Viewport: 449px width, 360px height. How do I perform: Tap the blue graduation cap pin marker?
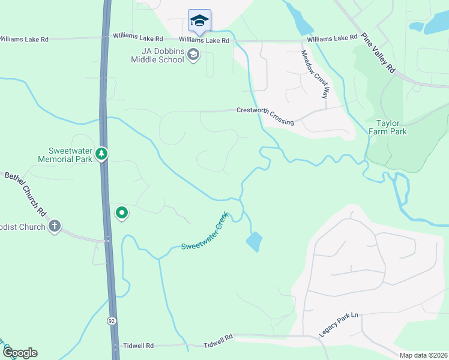pyautogui.click(x=199, y=21)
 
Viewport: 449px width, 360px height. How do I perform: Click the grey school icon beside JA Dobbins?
pyautogui.click(x=193, y=56)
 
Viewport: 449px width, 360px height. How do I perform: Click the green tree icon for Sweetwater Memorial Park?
pyautogui.click(x=101, y=154)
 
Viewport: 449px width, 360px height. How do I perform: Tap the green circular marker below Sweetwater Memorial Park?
pyautogui.click(x=122, y=212)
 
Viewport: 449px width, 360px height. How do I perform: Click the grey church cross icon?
pyautogui.click(x=55, y=226)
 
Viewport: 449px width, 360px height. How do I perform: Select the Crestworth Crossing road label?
pyautogui.click(x=265, y=116)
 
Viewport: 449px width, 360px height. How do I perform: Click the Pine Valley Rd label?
pyautogui.click(x=379, y=53)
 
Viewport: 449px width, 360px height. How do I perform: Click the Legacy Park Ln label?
pyautogui.click(x=338, y=323)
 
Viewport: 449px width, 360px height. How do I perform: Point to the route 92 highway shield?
pyautogui.click(x=112, y=321)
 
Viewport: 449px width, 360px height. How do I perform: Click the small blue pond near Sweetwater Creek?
pyautogui.click(x=254, y=241)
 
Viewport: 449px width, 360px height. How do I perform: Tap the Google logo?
pyautogui.click(x=19, y=353)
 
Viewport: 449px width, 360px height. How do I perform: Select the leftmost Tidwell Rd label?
pyautogui.click(x=137, y=346)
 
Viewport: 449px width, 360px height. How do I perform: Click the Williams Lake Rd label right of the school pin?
pyautogui.click(x=333, y=38)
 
